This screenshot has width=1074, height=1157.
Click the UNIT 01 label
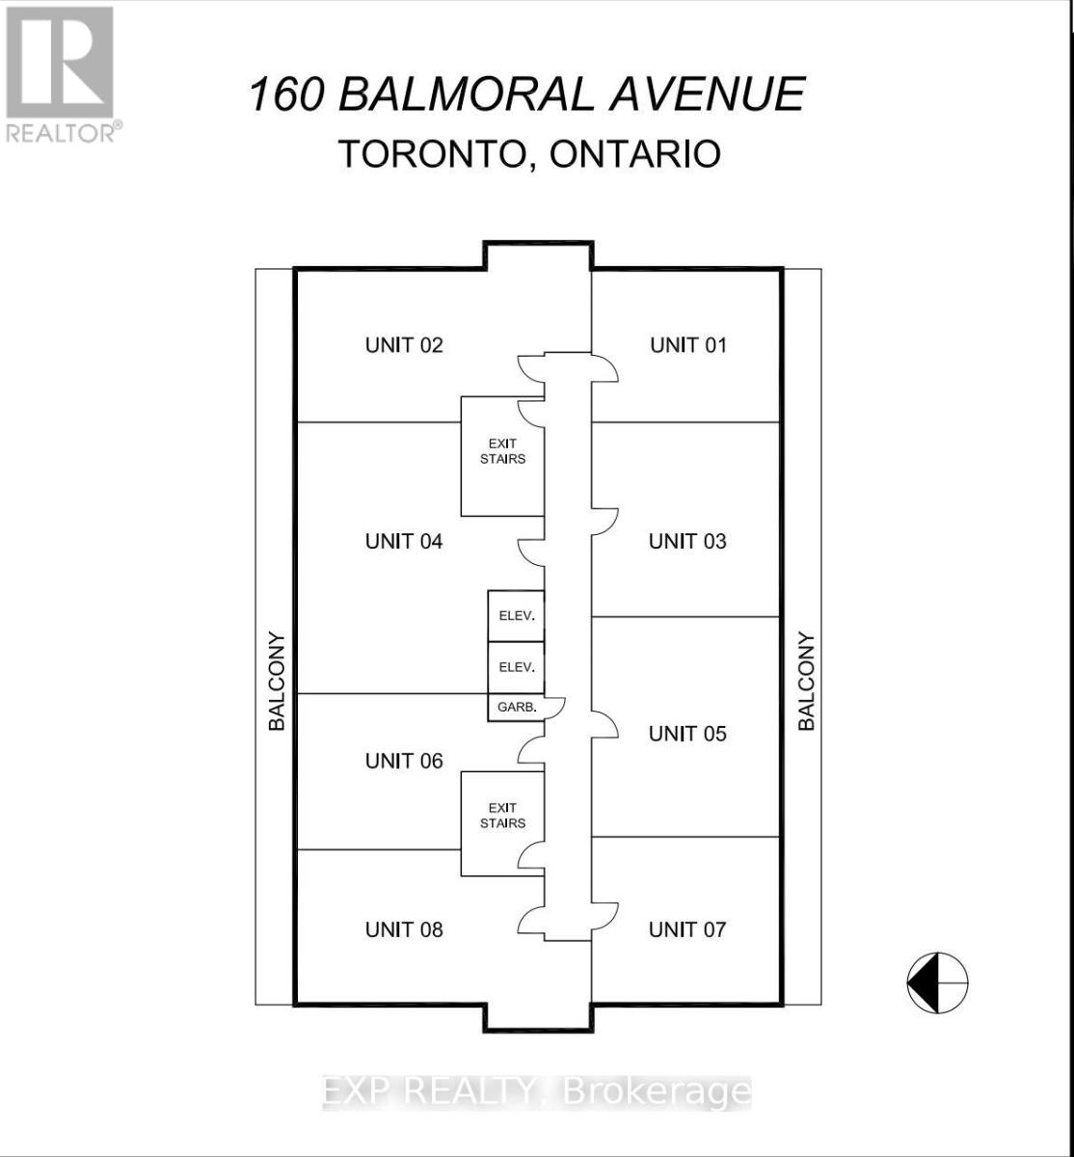688,345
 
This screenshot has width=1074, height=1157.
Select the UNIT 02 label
404,345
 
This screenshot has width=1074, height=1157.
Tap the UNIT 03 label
687,541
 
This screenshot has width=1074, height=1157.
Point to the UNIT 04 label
404,541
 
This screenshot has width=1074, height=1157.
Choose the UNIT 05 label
687,734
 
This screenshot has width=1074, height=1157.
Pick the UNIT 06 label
404,761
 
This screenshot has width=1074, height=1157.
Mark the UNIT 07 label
687,929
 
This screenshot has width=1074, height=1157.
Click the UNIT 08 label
404,929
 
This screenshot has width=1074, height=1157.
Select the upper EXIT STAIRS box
503,455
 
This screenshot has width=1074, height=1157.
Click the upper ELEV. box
517,615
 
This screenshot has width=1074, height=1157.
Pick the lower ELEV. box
517,667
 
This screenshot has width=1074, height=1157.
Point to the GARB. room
516,708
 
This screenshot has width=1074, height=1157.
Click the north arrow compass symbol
937,982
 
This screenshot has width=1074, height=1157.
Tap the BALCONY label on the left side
277,681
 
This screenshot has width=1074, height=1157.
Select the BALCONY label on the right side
807,681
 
